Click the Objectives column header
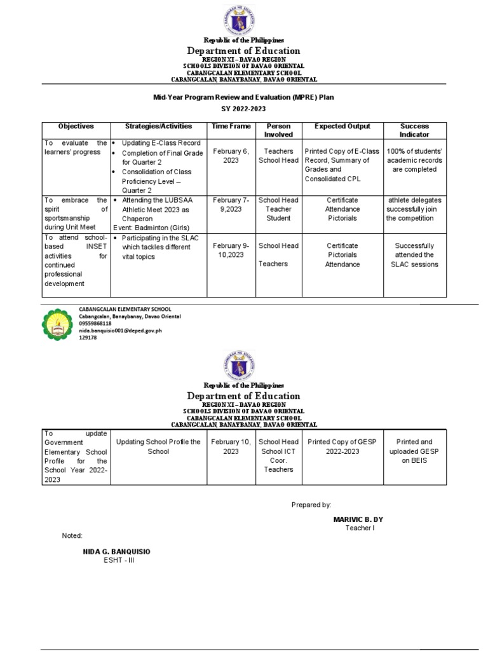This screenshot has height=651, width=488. [76, 127]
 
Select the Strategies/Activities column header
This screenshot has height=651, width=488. [158, 127]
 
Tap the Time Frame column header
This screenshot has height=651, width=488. [231, 127]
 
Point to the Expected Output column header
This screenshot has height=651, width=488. [342, 127]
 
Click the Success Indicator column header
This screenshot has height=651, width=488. [414, 130]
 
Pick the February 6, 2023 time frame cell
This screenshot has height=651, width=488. [231, 156]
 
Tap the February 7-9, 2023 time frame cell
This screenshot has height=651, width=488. [231, 205]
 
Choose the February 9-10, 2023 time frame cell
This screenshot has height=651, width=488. [231, 250]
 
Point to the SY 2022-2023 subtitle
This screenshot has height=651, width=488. [244, 109]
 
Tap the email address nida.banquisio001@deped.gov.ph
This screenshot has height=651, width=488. [120, 331]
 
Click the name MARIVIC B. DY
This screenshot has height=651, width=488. [358, 519]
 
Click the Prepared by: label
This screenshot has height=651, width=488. [311, 504]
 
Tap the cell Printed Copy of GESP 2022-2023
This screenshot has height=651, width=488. [342, 446]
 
